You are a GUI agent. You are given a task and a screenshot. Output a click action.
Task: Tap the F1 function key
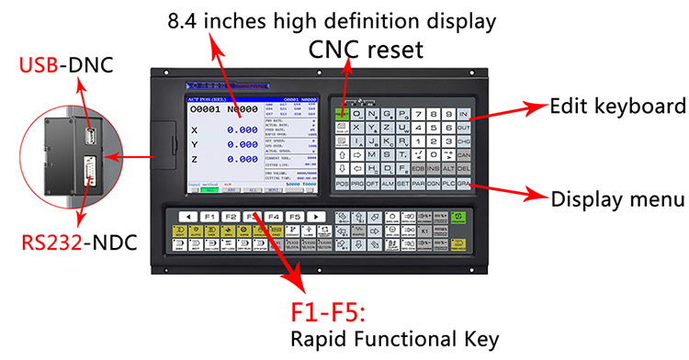pyautogui.click(x=209, y=217)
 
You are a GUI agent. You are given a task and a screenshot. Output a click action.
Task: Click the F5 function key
pyautogui.click(x=294, y=217)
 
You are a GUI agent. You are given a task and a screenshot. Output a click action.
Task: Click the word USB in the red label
pyautogui.click(x=41, y=67)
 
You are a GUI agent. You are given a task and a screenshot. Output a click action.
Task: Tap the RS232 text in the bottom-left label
pyautogui.click(x=53, y=242)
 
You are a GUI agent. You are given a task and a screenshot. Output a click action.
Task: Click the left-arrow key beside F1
pyautogui.click(x=187, y=217)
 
